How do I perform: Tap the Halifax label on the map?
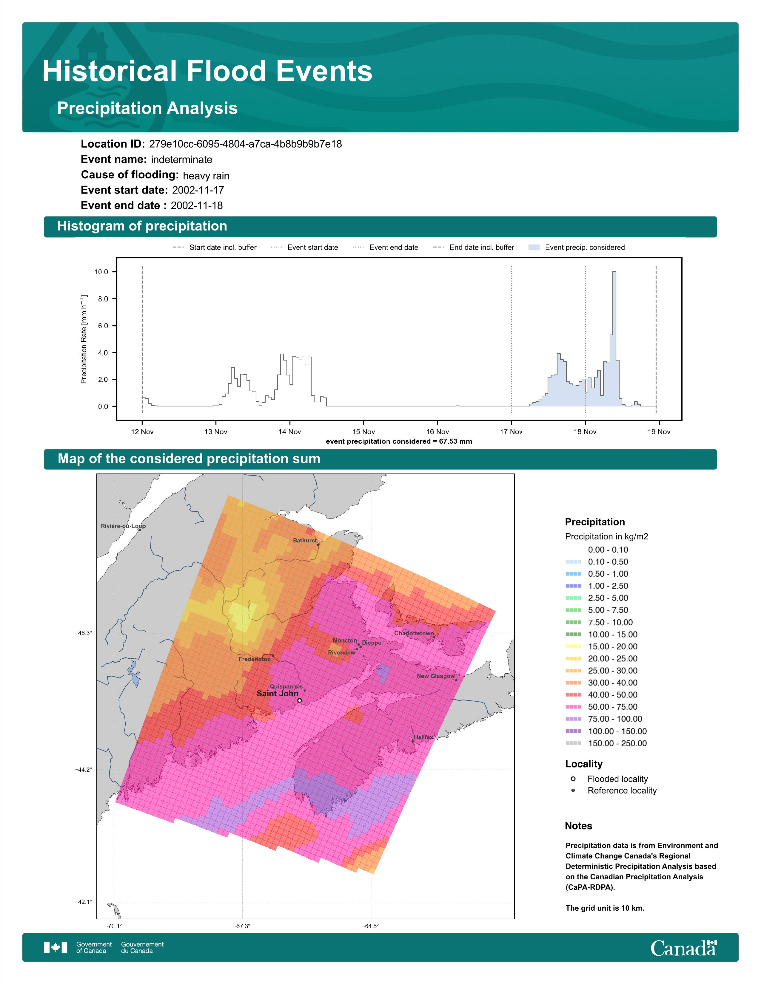pyautogui.click(x=423, y=737)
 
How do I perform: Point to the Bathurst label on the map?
pyautogui.click(x=305, y=540)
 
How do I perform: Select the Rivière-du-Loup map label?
pyautogui.click(x=123, y=526)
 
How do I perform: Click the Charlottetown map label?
pyautogui.click(x=414, y=633)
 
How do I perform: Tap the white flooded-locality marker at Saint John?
pyautogui.click(x=299, y=701)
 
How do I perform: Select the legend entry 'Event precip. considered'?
pyautogui.click(x=579, y=247)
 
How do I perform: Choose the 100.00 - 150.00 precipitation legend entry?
pyautogui.click(x=606, y=731)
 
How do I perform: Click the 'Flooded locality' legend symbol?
pyautogui.click(x=573, y=779)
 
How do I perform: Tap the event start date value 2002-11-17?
pyautogui.click(x=198, y=190)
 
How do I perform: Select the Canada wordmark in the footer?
pyautogui.click(x=683, y=948)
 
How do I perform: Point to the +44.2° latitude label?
pyautogui.click(x=83, y=770)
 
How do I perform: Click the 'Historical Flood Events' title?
pyautogui.click(x=207, y=71)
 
